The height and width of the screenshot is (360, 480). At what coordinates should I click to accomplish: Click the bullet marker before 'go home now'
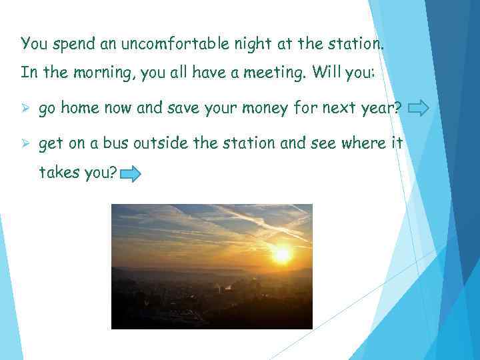point(26,108)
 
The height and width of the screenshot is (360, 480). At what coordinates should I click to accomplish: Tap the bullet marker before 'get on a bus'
point(26,143)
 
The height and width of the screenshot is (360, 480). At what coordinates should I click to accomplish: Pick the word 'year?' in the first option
point(381,108)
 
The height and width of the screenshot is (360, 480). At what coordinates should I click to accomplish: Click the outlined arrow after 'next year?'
point(418,108)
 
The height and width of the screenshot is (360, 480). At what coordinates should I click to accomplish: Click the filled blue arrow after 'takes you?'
point(130,175)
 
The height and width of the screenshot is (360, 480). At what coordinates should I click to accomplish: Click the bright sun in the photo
point(283,254)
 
